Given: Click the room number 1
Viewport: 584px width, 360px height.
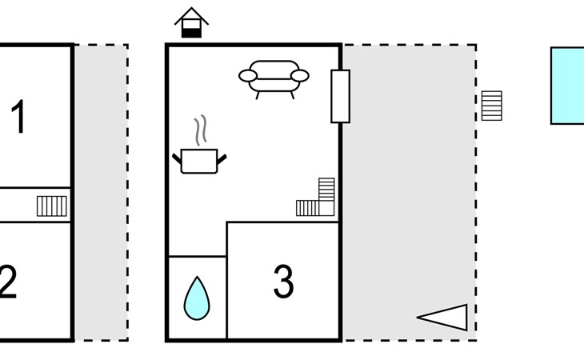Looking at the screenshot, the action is point(18,117).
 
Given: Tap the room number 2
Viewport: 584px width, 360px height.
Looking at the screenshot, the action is point(7,282).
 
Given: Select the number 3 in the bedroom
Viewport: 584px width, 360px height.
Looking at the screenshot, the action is point(283,281).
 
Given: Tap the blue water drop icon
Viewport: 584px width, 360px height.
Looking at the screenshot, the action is point(197,298).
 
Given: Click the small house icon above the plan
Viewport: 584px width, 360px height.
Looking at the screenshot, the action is point(191,22).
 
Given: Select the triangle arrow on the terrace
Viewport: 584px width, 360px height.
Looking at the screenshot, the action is point(442,317).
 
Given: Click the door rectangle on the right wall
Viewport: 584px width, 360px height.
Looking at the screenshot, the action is point(341,96).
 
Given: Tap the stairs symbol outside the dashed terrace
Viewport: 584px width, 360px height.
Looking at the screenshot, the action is point(492,106).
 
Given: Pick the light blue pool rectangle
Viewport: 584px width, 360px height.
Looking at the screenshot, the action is point(567,86).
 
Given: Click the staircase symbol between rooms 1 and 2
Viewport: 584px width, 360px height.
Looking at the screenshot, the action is point(52,206).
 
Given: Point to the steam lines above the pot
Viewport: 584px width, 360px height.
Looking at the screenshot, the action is point(200,130).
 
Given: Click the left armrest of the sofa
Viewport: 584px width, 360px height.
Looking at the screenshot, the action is point(248,76).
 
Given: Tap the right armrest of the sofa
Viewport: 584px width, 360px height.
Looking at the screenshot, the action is point(300,76).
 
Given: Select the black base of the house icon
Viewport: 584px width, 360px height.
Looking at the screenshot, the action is point(191,33).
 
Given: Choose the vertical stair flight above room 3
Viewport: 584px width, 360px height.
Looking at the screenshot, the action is point(326,190).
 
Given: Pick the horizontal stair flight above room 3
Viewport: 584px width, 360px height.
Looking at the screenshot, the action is point(308,208).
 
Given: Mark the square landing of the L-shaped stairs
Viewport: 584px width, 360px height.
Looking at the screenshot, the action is point(326,209).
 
